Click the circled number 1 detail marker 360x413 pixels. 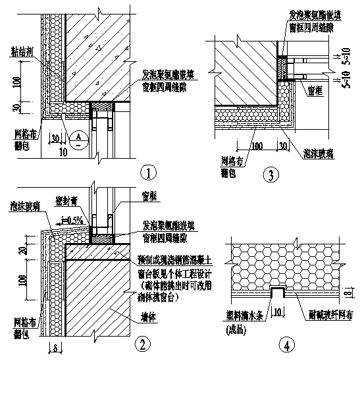(x=149, y=173)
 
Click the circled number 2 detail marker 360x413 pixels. (x=141, y=343)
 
